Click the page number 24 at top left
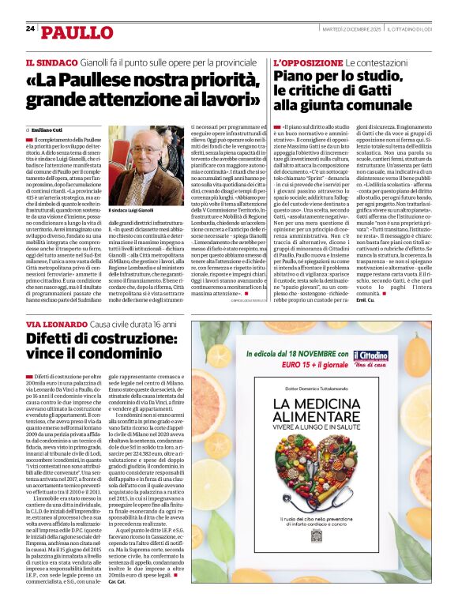point(31,28)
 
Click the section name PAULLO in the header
point(77,32)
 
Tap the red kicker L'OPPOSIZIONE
point(306,62)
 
